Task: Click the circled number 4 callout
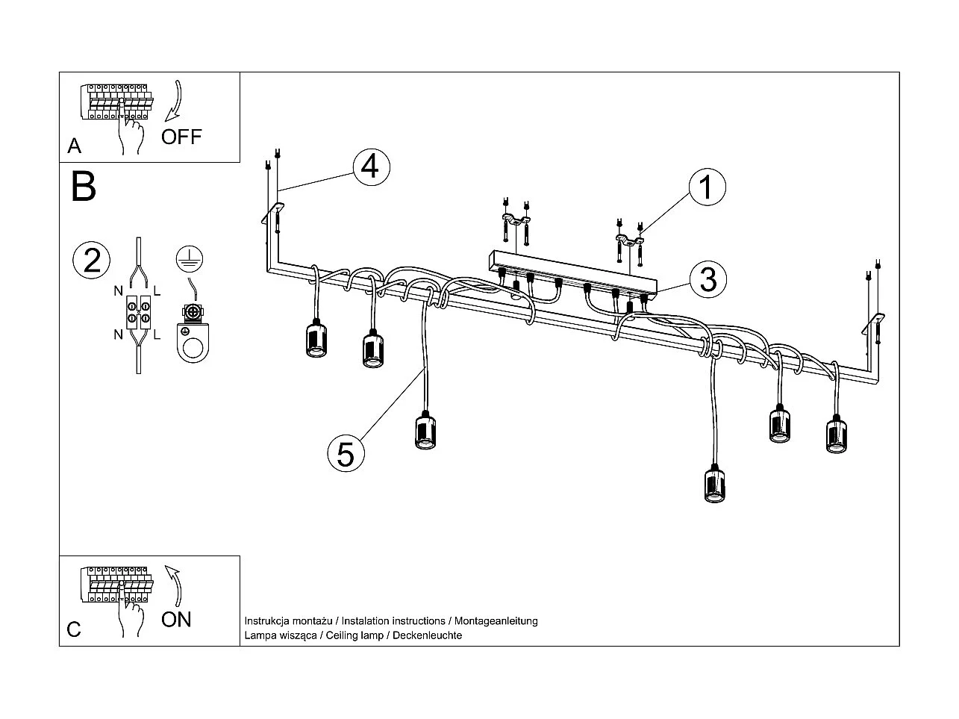pos(370,167)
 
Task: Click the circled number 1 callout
pos(706,187)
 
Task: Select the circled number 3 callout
pos(707,279)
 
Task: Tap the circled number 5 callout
pos(345,452)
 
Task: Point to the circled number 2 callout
pos(92,261)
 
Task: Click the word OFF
pos(181,137)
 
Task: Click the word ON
pos(176,619)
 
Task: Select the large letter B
pos(84,187)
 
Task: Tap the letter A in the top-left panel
pos(74,146)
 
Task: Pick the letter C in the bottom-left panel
pos(74,629)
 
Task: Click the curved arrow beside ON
pos(175,584)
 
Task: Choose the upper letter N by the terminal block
pos(118,289)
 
